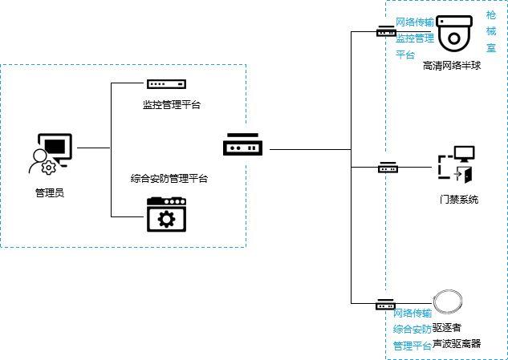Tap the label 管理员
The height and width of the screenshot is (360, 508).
pos(49,192)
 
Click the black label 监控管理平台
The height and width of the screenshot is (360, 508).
pos(171,104)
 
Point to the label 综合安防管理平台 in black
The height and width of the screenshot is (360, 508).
pos(169,178)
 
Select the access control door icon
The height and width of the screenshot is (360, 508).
pos(456,164)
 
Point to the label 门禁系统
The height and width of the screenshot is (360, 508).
pos(458,199)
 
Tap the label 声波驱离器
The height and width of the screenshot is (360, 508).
pos(457,343)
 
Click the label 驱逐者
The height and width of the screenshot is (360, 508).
pos(447,327)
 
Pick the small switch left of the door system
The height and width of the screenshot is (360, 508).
pos(388,168)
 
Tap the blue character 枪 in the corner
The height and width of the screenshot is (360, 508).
pos(491,14)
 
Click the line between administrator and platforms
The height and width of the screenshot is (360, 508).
pos(93,148)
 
